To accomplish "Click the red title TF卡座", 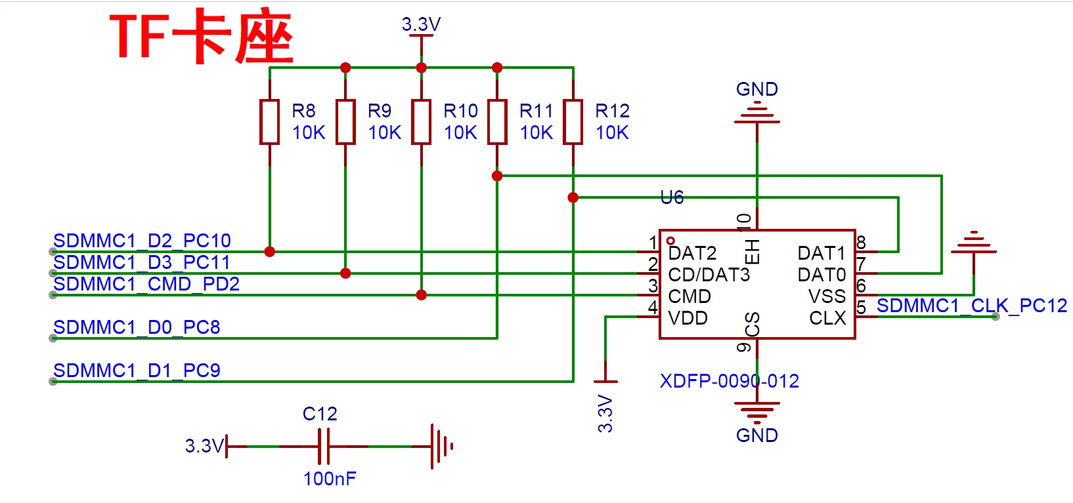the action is click(202, 36).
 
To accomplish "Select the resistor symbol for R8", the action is click(270, 121).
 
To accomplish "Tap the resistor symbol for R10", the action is click(421, 121).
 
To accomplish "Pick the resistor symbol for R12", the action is click(573, 121).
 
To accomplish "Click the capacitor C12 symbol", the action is click(324, 447).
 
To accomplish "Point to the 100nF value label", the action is click(330, 479).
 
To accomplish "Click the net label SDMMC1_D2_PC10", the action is click(142, 241).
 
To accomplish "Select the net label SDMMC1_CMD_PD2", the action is click(146, 284).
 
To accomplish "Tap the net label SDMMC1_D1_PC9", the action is click(137, 371).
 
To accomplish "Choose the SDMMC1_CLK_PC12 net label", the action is click(971, 306).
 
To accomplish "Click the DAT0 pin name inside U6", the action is click(821, 275).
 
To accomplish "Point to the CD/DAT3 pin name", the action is click(709, 275).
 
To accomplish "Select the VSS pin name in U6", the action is click(827, 296).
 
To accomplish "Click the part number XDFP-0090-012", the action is click(729, 381).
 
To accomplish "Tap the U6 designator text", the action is click(672, 197).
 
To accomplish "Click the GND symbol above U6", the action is click(757, 113).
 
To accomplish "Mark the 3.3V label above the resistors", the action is click(421, 24).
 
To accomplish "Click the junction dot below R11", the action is click(497, 176).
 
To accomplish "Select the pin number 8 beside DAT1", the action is click(861, 243).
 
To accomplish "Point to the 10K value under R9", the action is click(385, 132).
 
